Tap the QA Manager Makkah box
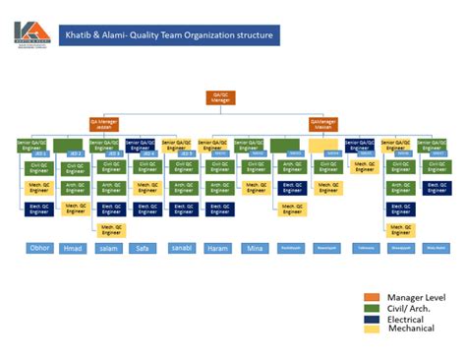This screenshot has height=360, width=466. (x=324, y=124)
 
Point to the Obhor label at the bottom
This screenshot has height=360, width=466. (x=39, y=248)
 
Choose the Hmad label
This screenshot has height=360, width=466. (x=74, y=249)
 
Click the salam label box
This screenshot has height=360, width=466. (x=109, y=249)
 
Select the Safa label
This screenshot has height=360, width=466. (x=144, y=249)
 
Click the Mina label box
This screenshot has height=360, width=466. (x=255, y=249)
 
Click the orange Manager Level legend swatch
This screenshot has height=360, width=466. (x=371, y=296)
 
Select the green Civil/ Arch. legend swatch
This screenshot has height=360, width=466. (x=371, y=307)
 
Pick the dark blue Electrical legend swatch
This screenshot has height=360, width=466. (x=371, y=318)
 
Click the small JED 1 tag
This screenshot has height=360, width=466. (x=40, y=153)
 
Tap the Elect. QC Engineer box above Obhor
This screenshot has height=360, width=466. (x=38, y=208)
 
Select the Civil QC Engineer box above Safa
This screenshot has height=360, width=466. (x=146, y=166)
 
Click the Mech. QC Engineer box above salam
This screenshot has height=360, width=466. (x=110, y=229)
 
